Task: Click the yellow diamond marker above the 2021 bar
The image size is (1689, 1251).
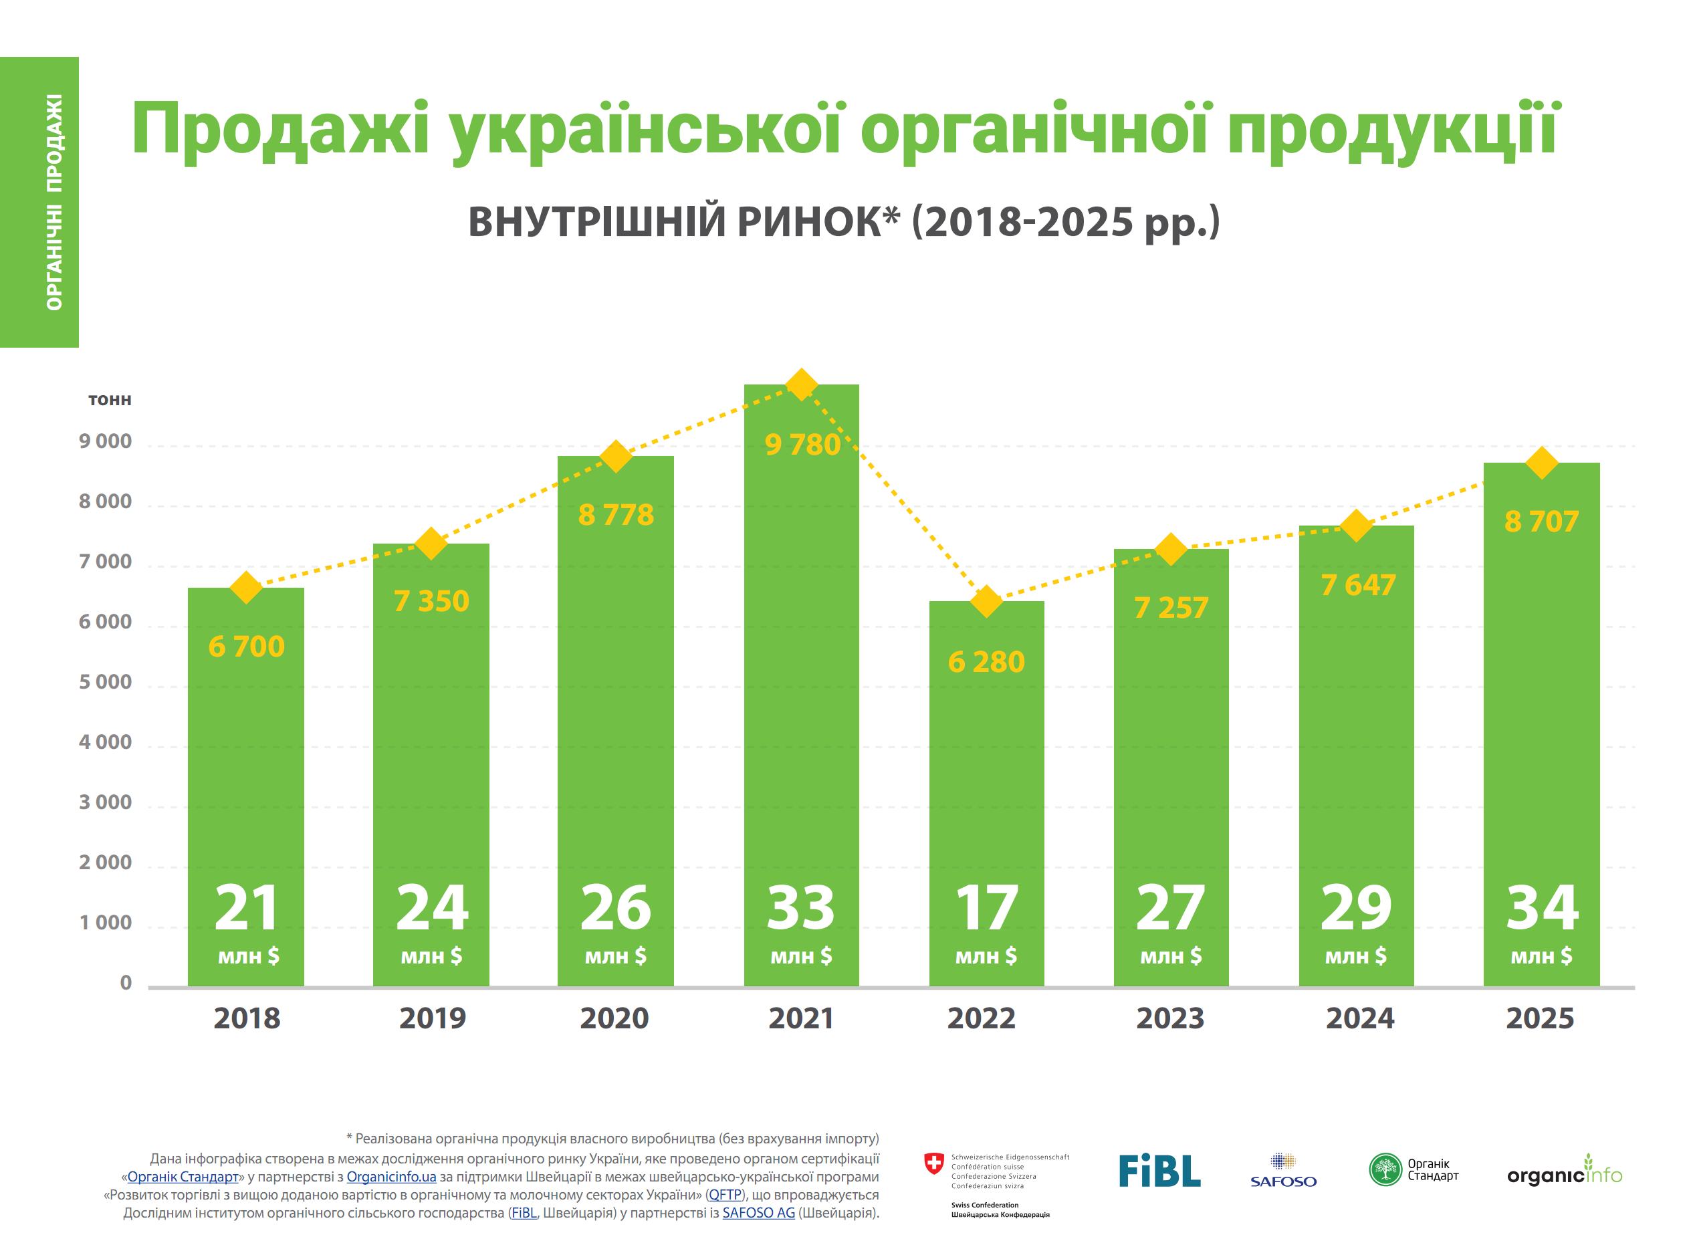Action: click(801, 384)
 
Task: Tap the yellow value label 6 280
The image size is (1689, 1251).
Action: click(986, 662)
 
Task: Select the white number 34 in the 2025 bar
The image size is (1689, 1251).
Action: click(1541, 907)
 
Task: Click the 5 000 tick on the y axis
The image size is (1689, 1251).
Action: click(105, 682)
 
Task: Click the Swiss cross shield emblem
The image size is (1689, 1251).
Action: click(935, 1164)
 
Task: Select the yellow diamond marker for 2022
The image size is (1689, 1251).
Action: click(986, 602)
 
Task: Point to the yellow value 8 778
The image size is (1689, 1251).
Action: click(616, 515)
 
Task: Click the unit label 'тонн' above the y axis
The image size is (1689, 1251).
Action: click(110, 400)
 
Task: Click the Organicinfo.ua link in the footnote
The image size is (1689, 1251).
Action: click(391, 1177)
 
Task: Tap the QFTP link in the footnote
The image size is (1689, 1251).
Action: click(725, 1195)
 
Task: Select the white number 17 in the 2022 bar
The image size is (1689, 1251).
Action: click(986, 907)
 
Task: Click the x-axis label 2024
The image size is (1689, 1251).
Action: click(1359, 1018)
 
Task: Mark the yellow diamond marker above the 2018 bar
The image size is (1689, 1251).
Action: click(246, 588)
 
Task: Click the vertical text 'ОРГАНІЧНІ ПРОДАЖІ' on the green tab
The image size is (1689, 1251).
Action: click(53, 202)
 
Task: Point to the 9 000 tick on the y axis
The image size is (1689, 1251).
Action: click(105, 441)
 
